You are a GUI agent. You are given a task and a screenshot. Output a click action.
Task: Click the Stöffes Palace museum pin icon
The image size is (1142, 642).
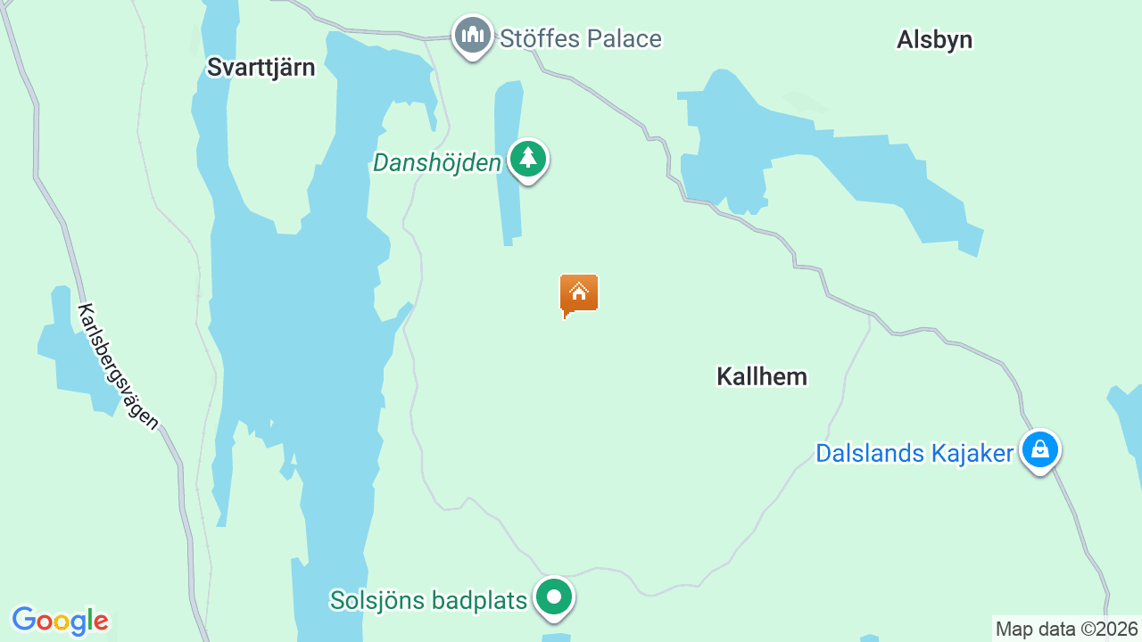(x=473, y=36)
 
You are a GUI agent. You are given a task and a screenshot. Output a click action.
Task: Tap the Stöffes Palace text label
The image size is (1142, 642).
(x=580, y=39)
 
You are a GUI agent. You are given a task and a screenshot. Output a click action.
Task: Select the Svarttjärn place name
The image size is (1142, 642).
(x=261, y=68)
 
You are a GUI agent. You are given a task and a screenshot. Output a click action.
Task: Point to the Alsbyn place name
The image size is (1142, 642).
(x=934, y=40)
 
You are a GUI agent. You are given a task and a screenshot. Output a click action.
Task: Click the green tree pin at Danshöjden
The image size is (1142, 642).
(x=528, y=159)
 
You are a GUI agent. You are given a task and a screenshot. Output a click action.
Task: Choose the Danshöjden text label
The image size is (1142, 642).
(x=437, y=163)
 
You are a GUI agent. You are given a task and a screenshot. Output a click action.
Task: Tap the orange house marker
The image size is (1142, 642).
(x=579, y=294)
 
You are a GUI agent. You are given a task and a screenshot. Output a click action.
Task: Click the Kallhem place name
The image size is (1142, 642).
(x=762, y=377)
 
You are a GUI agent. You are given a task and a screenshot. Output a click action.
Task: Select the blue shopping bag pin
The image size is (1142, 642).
(x=1039, y=449)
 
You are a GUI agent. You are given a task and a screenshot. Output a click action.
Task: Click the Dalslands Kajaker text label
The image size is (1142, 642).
(x=914, y=454)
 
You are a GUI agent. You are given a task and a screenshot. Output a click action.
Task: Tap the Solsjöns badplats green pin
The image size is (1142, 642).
(x=554, y=597)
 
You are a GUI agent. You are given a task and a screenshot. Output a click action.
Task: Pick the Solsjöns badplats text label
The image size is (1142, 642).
(x=428, y=600)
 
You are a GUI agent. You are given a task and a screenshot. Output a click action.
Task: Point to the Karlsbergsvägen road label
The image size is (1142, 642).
(x=117, y=366)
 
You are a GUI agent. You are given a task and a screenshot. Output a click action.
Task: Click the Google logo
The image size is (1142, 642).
(x=60, y=621)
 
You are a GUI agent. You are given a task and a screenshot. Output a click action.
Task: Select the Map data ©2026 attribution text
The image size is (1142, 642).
(x=1067, y=630)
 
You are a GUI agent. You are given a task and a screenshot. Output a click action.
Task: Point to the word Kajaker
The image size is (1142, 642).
(x=970, y=454)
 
